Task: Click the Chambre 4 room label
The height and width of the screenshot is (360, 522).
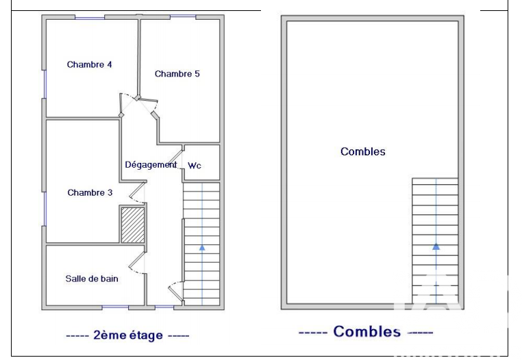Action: pos(89,64)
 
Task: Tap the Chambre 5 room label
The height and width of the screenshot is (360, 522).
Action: pos(177,74)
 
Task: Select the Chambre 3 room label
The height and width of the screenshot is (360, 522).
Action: pos(90,192)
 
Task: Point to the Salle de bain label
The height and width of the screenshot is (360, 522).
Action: pos(92,279)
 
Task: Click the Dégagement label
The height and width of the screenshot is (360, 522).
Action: pos(151,165)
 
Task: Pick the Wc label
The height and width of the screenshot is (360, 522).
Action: pos(195,166)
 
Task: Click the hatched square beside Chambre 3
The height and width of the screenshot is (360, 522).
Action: pos(132,225)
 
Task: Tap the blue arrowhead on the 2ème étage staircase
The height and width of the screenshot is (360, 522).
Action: pos(202,248)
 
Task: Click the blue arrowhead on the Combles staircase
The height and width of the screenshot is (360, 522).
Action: pos(436,247)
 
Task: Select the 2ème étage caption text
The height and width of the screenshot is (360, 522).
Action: pos(128,335)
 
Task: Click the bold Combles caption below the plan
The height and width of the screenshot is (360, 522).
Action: pos(367,332)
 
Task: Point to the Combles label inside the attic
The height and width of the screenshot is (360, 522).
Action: pos(363,152)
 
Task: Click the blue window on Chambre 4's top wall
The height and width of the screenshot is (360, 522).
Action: pos(90,18)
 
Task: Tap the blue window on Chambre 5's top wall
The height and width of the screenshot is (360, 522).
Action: pos(183,16)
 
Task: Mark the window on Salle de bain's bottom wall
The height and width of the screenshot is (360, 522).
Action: pos(115,307)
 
